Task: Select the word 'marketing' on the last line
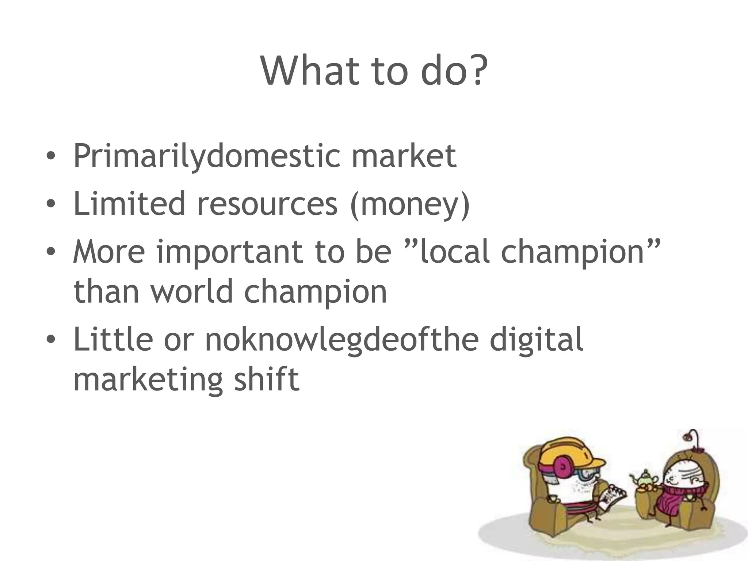[148, 380]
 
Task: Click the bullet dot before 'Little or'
[51, 339]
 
